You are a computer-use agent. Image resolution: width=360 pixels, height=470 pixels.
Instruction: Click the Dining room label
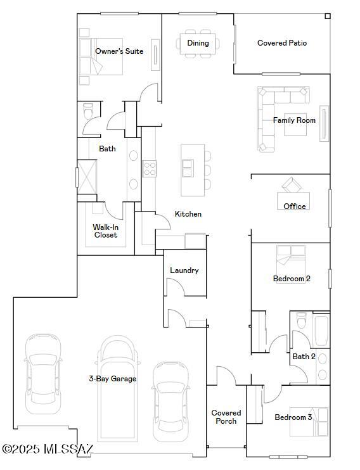tap(198, 43)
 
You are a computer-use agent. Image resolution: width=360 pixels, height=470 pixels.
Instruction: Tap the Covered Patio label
tap(282, 43)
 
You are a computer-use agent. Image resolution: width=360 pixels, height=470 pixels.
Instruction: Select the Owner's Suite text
tap(119, 51)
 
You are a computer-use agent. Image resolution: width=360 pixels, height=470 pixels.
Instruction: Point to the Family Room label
tap(294, 120)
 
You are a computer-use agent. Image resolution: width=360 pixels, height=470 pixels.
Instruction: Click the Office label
tap(295, 206)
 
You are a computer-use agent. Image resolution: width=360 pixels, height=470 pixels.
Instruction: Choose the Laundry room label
tap(184, 270)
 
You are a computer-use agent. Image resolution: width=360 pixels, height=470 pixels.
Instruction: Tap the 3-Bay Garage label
tap(113, 379)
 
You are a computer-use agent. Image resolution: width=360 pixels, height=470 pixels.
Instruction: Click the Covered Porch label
tap(226, 417)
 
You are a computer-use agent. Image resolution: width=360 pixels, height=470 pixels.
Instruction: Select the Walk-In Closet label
tap(105, 231)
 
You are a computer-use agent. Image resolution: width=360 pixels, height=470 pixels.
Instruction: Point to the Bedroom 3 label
tap(293, 417)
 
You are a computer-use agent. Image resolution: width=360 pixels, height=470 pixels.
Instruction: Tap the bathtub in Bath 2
tap(321, 330)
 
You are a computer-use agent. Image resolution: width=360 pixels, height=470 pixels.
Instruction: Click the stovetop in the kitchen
tap(149, 168)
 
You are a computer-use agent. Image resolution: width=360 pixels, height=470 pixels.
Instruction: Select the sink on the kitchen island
tap(188, 168)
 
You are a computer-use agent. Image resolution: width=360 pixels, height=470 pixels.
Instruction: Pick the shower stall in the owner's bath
tap(87, 177)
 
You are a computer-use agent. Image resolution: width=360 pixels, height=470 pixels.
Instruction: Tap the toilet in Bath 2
tap(301, 321)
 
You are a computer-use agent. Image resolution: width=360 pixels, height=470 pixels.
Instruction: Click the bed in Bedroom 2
tap(291, 264)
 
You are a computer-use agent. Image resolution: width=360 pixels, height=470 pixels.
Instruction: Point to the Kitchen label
tap(188, 214)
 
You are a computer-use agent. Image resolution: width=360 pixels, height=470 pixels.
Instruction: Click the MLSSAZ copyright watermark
tap(48, 448)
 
